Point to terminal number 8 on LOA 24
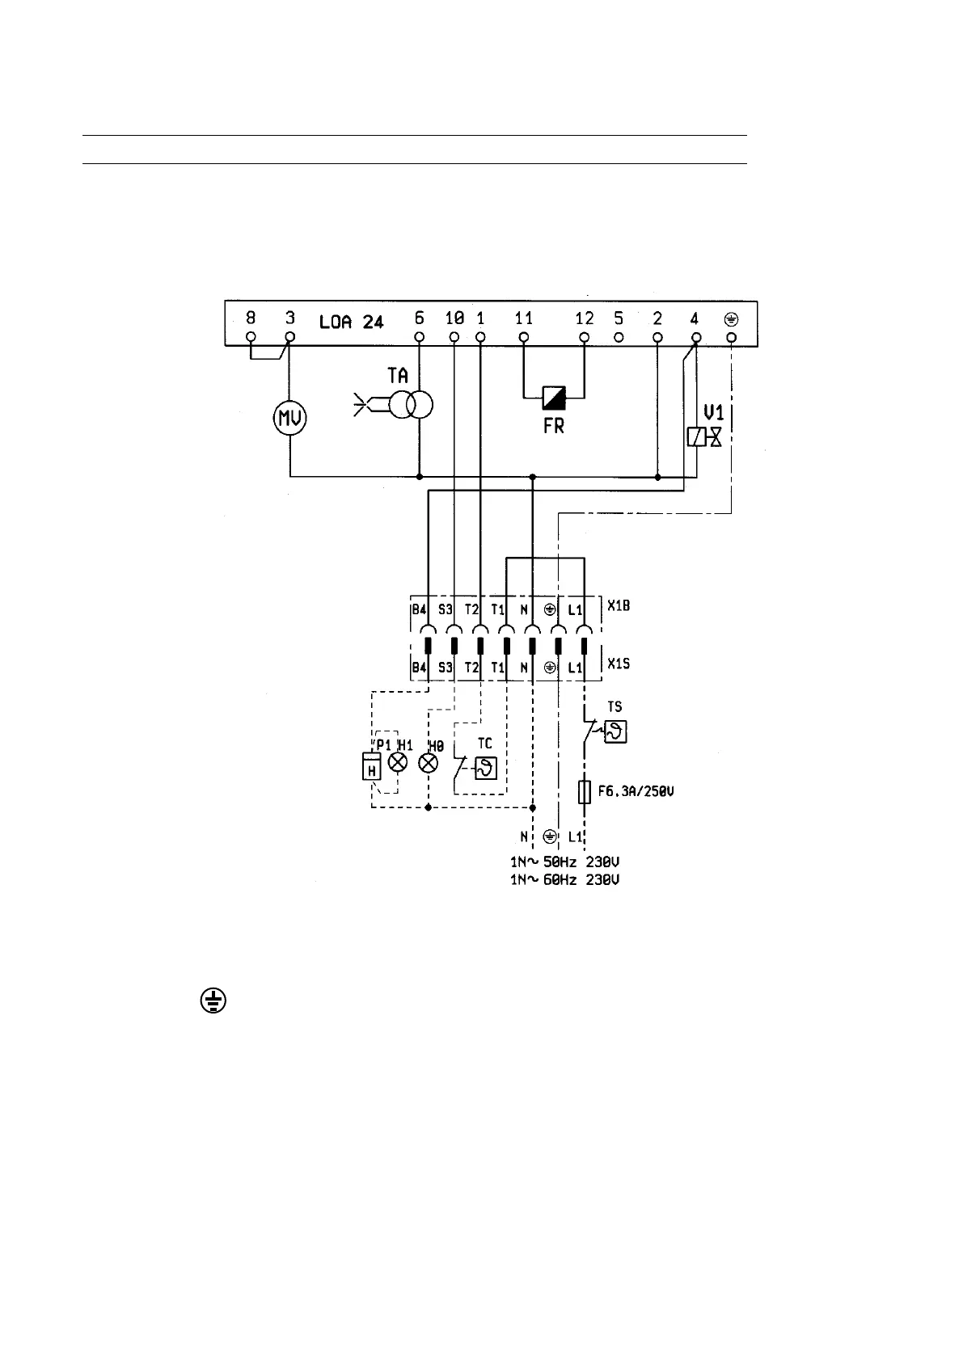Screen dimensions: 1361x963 (x=251, y=319)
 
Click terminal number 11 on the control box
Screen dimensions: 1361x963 (x=524, y=319)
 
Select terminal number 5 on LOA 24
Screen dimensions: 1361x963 (x=619, y=319)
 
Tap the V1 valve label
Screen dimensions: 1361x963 (x=712, y=412)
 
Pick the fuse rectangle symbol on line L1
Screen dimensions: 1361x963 (x=584, y=792)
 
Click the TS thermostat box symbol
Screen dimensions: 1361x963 (x=616, y=732)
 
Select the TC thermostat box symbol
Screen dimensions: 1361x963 (x=485, y=768)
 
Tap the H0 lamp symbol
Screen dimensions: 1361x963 (x=429, y=763)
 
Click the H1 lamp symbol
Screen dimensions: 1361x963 (x=397, y=763)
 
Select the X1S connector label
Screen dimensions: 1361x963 (x=619, y=663)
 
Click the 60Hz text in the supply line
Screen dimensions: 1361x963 (x=559, y=879)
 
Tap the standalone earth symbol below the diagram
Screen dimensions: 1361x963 (x=212, y=1002)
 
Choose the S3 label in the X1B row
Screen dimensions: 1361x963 (x=446, y=610)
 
